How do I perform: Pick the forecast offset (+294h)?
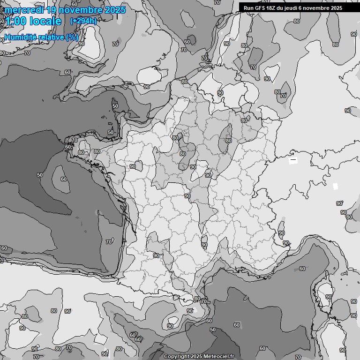pyautogui.click(x=83, y=21)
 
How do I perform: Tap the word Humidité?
pyautogui.click(x=20, y=37)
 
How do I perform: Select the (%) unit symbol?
pyautogui.click(x=72, y=37)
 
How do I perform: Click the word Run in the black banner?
pyautogui.click(x=248, y=8)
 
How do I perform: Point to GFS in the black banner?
pyautogui.click(x=259, y=8)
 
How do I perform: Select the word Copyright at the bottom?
pyautogui.click(x=176, y=357)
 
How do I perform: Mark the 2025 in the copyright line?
pyautogui.click(x=197, y=357)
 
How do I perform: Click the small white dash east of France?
pyautogui.click(x=293, y=160)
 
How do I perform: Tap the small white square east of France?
pyautogui.click(x=335, y=186)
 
